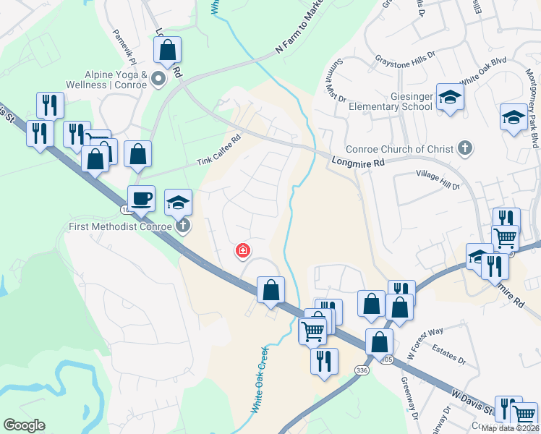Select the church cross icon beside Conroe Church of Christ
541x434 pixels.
coord(466,150)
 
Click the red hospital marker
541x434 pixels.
coord(244,251)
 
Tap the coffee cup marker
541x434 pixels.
coord(141,197)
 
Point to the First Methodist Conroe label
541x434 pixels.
coord(119,226)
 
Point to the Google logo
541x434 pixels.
coord(24,425)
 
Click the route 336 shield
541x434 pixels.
coord(362,370)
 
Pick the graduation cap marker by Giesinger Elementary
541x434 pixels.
coord(450,98)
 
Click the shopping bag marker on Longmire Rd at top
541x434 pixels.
coord(167,51)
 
